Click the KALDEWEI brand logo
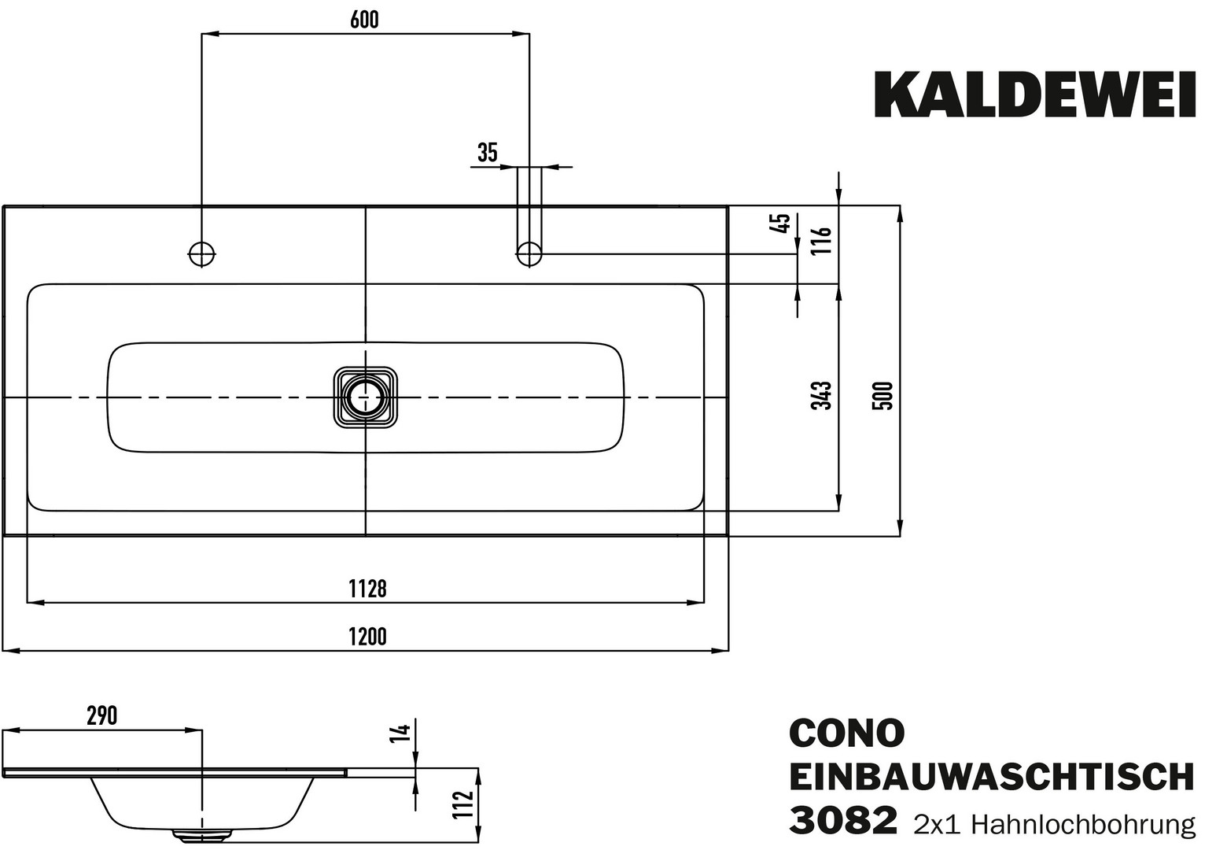1035,95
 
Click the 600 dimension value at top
364,20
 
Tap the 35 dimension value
488,153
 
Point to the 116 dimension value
824,239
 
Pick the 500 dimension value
884,395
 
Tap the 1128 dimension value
367,588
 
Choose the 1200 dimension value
367,636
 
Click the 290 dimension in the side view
101,715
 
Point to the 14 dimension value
402,732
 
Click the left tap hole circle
202,253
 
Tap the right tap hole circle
529,253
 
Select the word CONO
846,733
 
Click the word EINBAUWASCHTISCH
991,777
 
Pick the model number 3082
842,821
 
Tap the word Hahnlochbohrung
1084,824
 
